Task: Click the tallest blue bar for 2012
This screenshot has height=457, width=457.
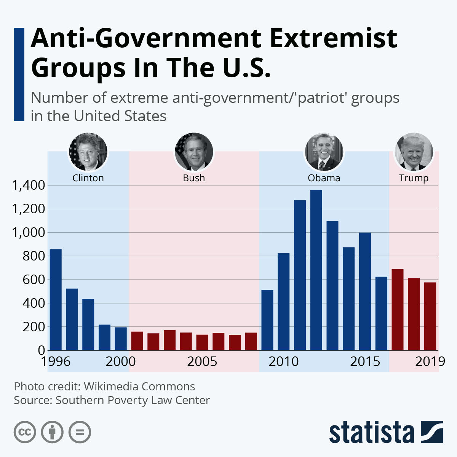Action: coord(316,270)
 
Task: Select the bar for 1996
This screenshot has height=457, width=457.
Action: coord(56,300)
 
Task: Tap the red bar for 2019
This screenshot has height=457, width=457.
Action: coord(430,316)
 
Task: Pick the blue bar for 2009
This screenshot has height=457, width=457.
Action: coord(267,320)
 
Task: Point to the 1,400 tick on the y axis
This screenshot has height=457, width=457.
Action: coord(29,185)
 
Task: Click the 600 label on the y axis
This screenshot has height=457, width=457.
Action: coord(34,280)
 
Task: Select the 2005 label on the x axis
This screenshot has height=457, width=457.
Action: coord(202,361)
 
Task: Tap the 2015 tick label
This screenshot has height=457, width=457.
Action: coord(365,361)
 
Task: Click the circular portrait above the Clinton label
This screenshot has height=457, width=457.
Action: coord(88,152)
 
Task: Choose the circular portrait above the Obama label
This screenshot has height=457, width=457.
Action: coord(324,152)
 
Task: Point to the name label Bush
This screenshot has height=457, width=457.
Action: coord(194,178)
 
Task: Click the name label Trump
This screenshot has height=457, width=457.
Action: coord(414,178)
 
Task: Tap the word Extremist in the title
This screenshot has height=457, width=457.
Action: coord(334,38)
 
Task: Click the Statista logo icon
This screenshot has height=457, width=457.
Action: coord(432,432)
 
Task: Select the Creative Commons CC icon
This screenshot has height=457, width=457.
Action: coord(25,432)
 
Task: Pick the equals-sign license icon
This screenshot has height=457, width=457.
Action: coord(80,432)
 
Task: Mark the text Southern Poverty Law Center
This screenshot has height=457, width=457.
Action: coord(133,400)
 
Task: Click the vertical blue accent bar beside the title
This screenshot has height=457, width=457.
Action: coord(19,74)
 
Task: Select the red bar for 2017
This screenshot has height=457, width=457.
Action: coord(398,310)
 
